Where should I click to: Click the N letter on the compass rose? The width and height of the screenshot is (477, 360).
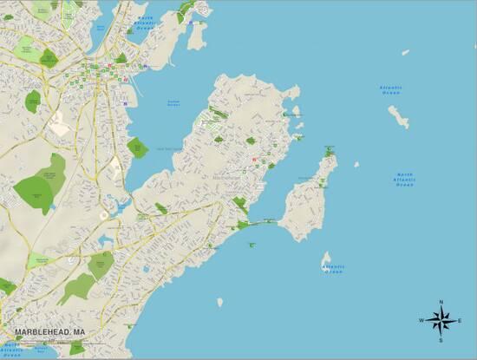(441, 303)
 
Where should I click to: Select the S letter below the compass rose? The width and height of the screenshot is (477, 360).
(441, 341)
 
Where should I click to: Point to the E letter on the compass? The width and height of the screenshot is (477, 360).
(460, 322)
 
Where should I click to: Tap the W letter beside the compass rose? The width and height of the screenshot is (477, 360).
(421, 322)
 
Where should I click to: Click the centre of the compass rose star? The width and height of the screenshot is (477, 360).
(441, 322)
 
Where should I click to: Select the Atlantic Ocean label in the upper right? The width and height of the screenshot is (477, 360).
(391, 88)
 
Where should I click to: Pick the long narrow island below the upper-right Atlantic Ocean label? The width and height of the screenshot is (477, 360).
(398, 116)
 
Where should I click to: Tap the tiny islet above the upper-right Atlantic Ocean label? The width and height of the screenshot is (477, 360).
(405, 52)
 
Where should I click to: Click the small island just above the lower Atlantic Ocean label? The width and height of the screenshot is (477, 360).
(327, 258)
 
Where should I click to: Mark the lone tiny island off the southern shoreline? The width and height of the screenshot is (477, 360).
(220, 302)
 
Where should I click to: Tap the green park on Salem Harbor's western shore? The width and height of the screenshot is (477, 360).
(137, 147)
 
